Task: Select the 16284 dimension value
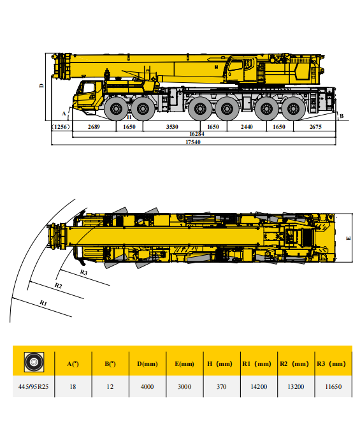pyautogui.click(x=197, y=134)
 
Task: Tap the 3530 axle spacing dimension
pyautogui.click(x=171, y=126)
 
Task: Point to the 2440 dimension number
pyautogui.click(x=247, y=126)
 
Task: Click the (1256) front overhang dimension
pyautogui.click(x=61, y=126)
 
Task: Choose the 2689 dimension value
pyautogui.click(x=94, y=126)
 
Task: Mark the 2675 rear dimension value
pyautogui.click(x=315, y=126)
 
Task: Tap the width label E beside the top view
pyautogui.click(x=349, y=238)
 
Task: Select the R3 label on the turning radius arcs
pyautogui.click(x=83, y=272)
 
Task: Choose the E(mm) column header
pyautogui.click(x=184, y=364)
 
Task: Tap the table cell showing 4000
pyautogui.click(x=147, y=386)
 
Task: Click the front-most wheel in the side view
pyautogui.click(x=116, y=108)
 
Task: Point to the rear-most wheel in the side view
pyautogui.click(x=293, y=108)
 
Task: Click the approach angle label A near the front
pyautogui.click(x=64, y=112)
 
